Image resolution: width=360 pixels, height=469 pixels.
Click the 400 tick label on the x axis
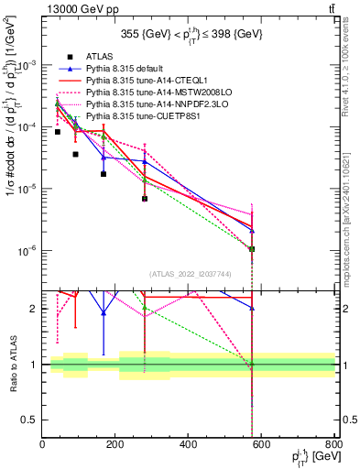click(188, 446)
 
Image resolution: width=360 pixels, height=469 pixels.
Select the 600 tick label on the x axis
click(260, 446)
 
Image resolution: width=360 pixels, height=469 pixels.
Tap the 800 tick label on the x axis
click(333, 446)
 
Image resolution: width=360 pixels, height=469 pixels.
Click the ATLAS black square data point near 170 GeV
click(104, 174)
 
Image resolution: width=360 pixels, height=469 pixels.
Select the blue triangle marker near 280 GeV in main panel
click(145, 162)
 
